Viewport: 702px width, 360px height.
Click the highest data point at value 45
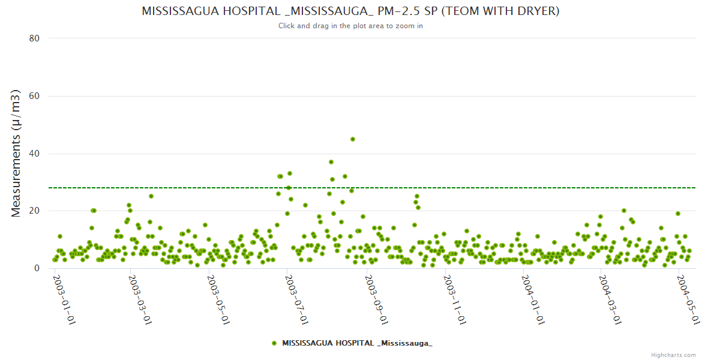[x=353, y=139]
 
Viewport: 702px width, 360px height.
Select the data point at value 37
[x=331, y=162]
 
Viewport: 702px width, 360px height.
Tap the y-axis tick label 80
[x=34, y=38]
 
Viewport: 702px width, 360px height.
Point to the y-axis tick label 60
[x=34, y=96]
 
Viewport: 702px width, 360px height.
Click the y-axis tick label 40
[x=34, y=154]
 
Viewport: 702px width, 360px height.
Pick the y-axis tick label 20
[x=34, y=211]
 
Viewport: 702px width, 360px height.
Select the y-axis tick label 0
[x=37, y=269]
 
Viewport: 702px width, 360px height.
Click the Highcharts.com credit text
[x=673, y=355]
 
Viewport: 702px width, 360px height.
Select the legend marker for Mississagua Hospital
[x=274, y=343]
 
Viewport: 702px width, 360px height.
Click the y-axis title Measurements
[x=17, y=153]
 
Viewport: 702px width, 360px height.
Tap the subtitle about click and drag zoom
[x=350, y=26]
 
